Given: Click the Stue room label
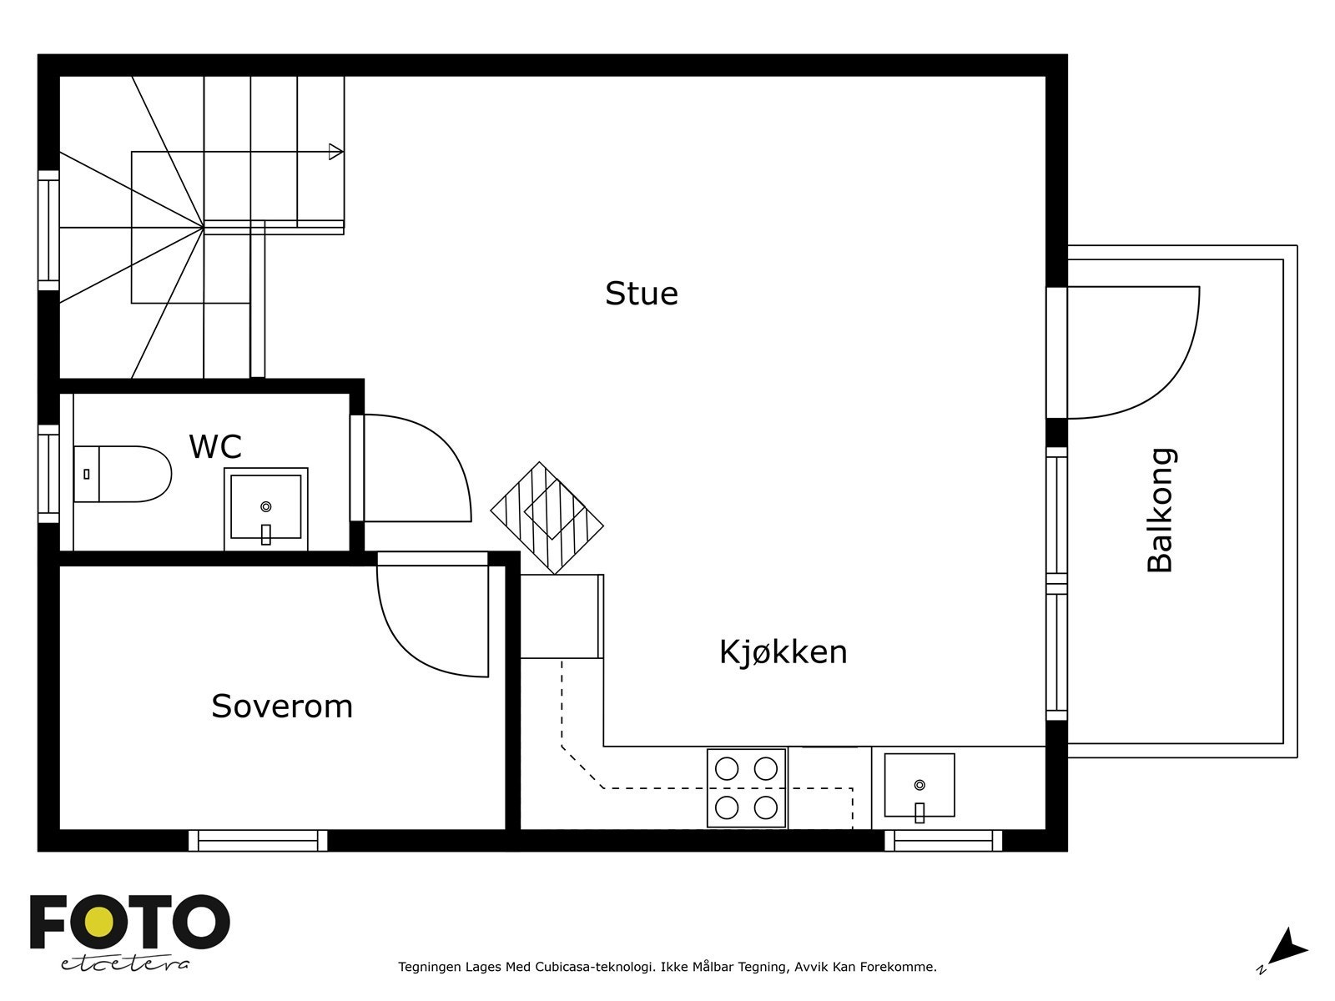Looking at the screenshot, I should tap(641, 294).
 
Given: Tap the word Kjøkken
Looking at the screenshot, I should tap(783, 651).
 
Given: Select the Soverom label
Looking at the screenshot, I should tap(282, 707).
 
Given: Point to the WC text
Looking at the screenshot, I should tap(215, 447).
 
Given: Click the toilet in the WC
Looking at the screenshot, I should tap(123, 474).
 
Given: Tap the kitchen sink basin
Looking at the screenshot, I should tap(919, 786).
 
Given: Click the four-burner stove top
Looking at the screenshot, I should tap(747, 788).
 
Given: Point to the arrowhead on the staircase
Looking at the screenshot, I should tap(335, 152).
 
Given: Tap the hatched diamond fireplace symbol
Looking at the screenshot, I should tap(547, 517).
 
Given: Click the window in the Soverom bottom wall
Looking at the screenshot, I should tap(258, 840).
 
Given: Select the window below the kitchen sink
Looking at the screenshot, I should tap(944, 840).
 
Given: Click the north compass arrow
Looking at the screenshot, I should tap(1288, 948).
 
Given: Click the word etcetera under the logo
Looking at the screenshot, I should tap(125, 964).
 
